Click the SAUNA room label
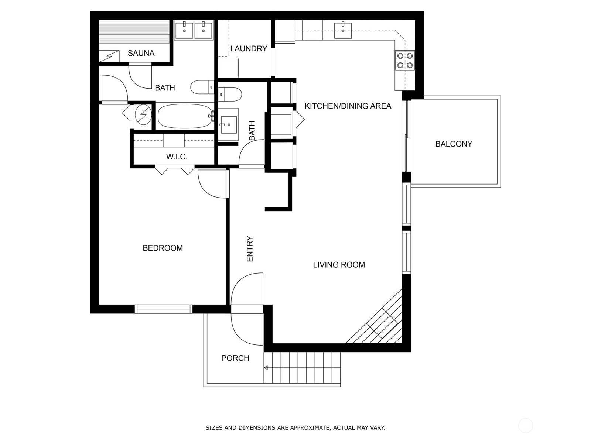tap(141, 53)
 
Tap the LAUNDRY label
tap(249, 49)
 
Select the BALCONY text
tap(454, 144)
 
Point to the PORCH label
tap(235, 358)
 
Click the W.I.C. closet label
tap(177, 157)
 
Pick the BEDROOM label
tap(163, 248)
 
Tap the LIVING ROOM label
tap(339, 265)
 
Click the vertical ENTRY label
tap(250, 248)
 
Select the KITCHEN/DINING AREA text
tap(348, 106)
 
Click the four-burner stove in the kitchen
tap(405, 61)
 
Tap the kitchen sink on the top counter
tap(343, 30)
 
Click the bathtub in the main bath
tap(185, 116)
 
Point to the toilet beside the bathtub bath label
tap(202, 87)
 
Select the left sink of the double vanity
tap(184, 31)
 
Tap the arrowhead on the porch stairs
tap(266, 368)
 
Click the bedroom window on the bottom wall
tap(163, 309)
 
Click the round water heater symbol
tap(143, 114)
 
